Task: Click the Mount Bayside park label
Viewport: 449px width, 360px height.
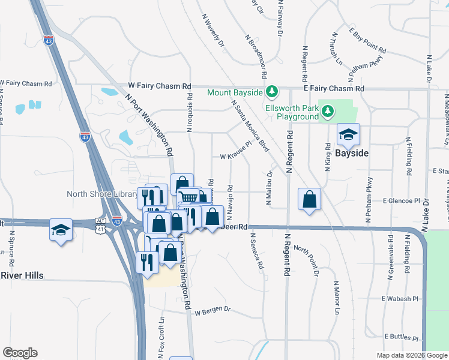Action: click(x=235, y=92)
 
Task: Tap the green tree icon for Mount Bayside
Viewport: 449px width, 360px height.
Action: click(x=272, y=91)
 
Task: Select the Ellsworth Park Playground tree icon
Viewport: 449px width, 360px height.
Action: click(x=328, y=110)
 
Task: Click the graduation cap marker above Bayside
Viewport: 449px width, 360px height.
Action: click(x=348, y=135)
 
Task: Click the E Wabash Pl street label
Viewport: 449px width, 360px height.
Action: click(x=399, y=298)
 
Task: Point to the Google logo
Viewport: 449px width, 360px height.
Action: click(x=20, y=353)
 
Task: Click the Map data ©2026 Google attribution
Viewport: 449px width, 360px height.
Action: click(x=411, y=355)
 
